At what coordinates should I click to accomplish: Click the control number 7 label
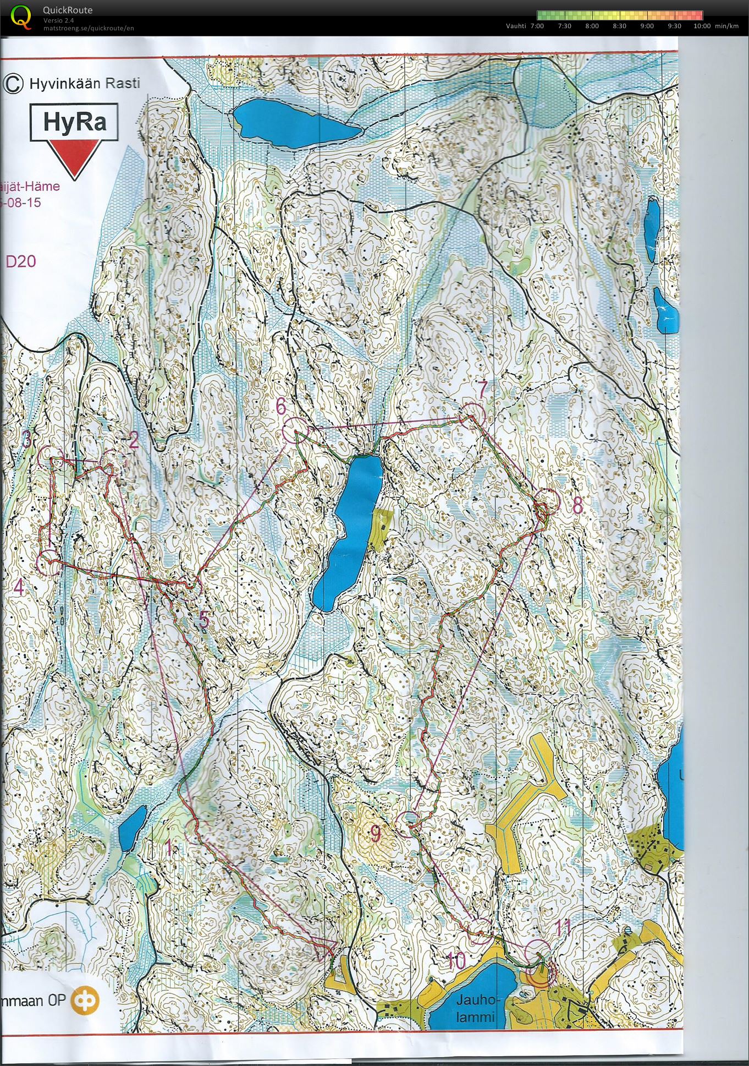point(482,390)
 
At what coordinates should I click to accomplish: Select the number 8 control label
point(577,505)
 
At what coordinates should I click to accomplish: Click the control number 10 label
point(456,961)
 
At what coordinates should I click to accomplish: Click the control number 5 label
point(204,620)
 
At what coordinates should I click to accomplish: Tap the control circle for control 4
point(48,563)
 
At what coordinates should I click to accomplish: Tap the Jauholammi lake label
point(476,1008)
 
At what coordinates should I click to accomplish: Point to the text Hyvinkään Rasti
point(84,84)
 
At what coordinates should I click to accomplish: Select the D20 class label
point(21,261)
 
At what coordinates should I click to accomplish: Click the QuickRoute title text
point(68,10)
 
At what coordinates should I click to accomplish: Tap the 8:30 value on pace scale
point(619,26)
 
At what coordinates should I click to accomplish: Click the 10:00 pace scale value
point(702,26)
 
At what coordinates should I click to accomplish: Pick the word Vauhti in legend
point(516,26)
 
